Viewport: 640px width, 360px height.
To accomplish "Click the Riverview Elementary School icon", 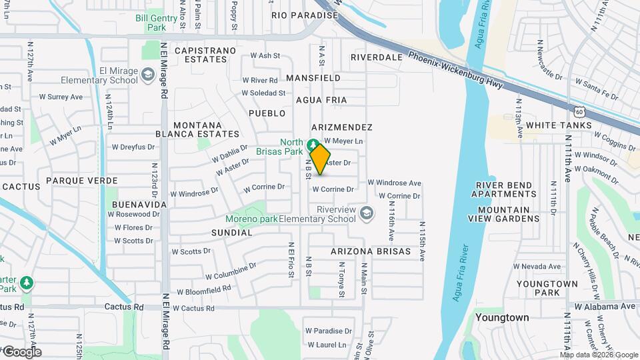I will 365,213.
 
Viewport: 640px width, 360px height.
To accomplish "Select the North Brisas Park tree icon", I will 312,143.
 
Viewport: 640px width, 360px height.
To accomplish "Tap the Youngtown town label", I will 501,317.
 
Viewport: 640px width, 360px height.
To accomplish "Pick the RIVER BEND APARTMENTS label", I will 503,189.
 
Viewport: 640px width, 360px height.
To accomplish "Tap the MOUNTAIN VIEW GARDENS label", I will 503,214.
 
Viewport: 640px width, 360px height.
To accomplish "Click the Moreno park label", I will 251,219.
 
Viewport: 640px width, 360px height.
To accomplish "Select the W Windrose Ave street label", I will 394,183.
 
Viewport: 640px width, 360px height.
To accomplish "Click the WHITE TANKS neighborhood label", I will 558,125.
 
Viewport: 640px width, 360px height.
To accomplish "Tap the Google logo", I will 21,352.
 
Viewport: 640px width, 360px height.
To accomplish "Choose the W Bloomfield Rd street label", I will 204,290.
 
